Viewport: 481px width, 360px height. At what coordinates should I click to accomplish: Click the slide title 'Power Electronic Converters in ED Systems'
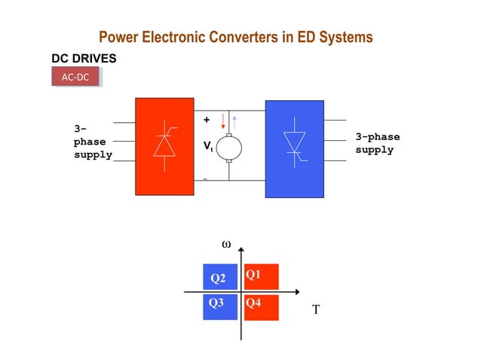tap(235, 37)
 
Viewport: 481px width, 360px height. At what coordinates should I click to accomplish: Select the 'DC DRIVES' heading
tap(84, 57)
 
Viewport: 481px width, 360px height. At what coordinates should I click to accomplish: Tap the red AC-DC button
tap(75, 77)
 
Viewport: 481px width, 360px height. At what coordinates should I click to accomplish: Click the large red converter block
tap(164, 146)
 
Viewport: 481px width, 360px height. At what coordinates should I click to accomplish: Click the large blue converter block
tap(293, 148)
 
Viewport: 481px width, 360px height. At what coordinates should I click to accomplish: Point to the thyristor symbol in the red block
tap(164, 143)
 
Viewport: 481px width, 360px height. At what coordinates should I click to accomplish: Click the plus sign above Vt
tap(207, 120)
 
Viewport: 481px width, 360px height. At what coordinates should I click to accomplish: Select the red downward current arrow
tap(223, 121)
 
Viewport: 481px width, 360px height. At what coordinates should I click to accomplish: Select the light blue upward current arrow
tap(234, 121)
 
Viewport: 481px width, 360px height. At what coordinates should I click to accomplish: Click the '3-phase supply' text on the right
tap(377, 143)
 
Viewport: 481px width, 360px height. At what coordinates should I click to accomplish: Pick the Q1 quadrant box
tap(261, 276)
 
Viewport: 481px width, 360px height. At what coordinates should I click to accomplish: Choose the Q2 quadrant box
tap(219, 278)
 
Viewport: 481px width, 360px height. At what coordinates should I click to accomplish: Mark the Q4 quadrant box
tap(261, 307)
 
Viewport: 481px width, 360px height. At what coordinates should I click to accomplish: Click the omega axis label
tap(225, 245)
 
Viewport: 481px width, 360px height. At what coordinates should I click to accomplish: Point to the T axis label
tap(317, 309)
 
